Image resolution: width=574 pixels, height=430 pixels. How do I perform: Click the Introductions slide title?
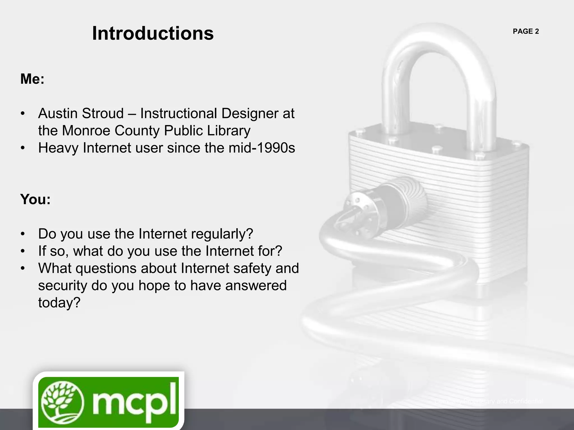coord(153,33)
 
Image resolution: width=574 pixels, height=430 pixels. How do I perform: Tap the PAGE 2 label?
coord(526,31)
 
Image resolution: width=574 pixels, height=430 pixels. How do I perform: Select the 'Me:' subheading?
coord(32,79)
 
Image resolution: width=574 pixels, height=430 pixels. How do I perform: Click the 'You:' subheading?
coord(35,199)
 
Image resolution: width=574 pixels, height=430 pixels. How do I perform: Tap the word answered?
coord(256,286)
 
